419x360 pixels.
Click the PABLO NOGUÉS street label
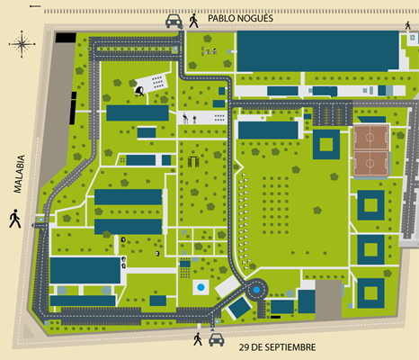(x=240, y=18)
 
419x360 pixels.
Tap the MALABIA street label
(x=19, y=174)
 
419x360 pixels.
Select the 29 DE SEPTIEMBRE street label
(x=277, y=347)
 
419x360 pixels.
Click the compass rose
(x=22, y=44)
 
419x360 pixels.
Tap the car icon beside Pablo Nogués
(x=174, y=21)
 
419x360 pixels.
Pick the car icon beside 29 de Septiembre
(x=217, y=340)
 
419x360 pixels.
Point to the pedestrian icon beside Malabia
(x=15, y=219)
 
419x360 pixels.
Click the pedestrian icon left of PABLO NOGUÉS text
(x=193, y=21)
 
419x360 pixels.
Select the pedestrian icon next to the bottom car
(x=198, y=339)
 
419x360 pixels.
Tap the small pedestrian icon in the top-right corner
(x=407, y=25)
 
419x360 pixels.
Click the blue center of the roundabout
(x=256, y=290)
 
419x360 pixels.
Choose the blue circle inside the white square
(x=201, y=287)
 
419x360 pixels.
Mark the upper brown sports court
(x=370, y=138)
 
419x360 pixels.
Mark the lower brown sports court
(x=370, y=164)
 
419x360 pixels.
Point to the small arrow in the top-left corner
(x=35, y=6)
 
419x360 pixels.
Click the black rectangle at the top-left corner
(x=66, y=38)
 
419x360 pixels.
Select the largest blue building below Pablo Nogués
(x=317, y=51)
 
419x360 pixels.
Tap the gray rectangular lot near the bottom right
(x=328, y=300)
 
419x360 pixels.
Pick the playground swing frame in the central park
(x=193, y=162)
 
